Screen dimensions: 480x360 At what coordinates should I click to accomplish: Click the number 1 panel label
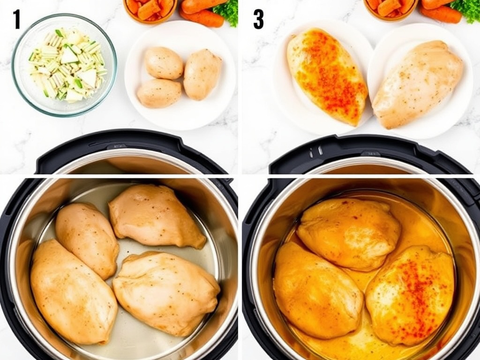click(17, 19)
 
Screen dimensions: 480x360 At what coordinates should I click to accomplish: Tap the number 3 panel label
click(258, 19)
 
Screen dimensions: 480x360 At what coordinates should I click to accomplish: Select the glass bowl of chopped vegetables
click(64, 65)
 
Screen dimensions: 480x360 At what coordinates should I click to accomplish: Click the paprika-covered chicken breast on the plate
click(327, 76)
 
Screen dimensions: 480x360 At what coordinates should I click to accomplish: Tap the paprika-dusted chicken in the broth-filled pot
click(410, 295)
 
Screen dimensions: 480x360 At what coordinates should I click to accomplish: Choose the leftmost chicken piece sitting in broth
click(318, 290)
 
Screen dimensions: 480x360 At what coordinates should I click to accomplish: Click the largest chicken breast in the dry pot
click(74, 292)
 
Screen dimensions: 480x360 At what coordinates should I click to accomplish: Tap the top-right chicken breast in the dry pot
click(157, 216)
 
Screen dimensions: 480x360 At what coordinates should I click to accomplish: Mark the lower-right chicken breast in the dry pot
click(166, 293)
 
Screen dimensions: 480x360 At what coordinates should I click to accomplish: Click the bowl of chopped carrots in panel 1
click(150, 10)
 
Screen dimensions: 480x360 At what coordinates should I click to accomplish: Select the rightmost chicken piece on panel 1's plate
click(202, 75)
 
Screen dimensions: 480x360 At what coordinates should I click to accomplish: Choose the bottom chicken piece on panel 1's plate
click(159, 93)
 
